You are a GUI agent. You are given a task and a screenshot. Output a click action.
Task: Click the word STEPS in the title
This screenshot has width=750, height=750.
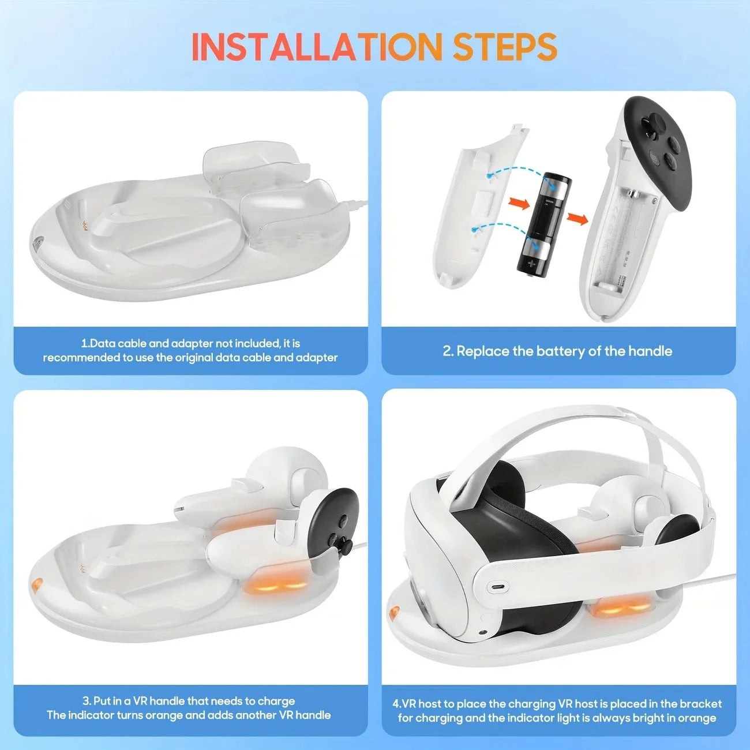(x=505, y=47)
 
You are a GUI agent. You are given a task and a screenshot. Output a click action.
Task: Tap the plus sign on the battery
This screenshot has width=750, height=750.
(x=531, y=264)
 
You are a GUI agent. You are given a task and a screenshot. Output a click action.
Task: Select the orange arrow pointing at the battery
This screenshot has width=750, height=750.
(x=520, y=204)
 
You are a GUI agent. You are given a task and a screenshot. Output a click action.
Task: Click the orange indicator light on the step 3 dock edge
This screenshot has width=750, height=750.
(x=36, y=584)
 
